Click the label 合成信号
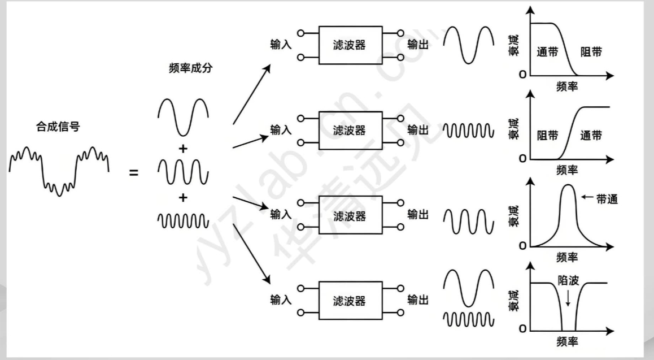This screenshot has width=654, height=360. [59, 127]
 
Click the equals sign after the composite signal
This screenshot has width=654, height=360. [134, 172]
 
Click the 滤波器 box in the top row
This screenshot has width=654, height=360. [350, 45]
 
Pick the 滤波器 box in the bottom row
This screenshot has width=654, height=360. [350, 300]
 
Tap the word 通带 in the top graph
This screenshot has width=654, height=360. [547, 52]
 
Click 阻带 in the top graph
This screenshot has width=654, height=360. [591, 52]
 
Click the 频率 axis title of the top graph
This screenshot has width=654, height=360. [567, 86]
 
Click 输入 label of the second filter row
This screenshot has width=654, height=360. [281, 131]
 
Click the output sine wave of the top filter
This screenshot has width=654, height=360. [469, 44]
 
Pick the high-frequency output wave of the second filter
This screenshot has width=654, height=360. [469, 131]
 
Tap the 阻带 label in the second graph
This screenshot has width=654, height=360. [547, 136]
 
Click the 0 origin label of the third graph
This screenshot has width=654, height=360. [522, 246]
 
